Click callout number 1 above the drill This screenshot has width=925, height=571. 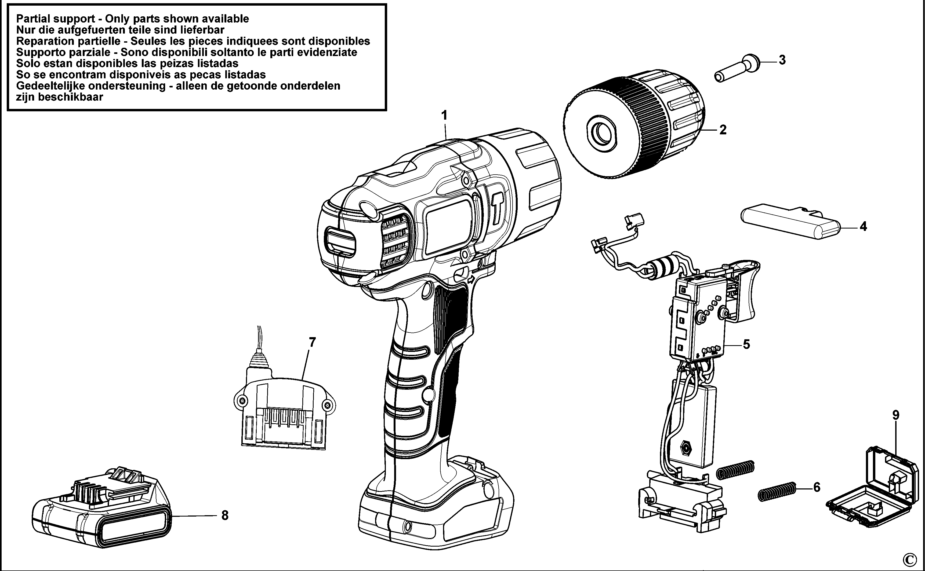pos(445,115)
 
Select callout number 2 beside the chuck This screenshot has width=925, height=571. pos(723,130)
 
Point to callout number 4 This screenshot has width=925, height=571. pos(863,227)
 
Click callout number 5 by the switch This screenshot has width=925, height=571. pos(746,344)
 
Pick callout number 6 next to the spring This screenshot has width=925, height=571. pos(817,488)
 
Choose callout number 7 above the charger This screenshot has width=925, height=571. pos(312,342)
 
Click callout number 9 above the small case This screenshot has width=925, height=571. pos(895,415)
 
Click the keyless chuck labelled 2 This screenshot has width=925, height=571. pos(635,125)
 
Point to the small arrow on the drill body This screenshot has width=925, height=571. pos(471,280)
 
